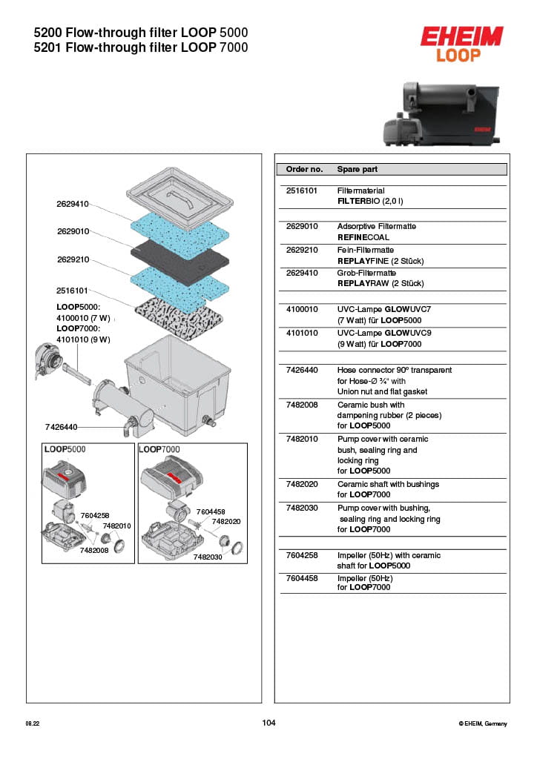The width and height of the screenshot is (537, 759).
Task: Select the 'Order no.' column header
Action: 304,169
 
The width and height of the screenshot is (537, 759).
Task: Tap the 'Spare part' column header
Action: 357,169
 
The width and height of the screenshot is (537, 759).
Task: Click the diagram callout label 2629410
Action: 73,204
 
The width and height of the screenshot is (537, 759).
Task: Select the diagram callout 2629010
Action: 73,231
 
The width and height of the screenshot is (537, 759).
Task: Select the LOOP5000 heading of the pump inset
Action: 65,450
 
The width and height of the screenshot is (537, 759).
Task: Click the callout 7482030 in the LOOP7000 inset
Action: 208,557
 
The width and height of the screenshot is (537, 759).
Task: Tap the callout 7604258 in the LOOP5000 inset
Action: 94,515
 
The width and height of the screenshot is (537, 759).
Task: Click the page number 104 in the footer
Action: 268,723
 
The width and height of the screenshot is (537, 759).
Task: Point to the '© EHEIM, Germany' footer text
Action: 483,723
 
